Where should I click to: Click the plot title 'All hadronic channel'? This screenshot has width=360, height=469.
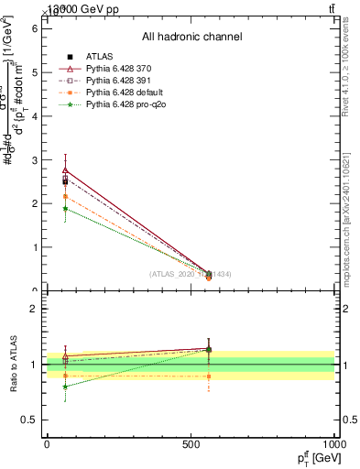pyautogui.click(x=191, y=37)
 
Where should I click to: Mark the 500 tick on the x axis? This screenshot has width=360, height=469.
pyautogui.click(x=191, y=444)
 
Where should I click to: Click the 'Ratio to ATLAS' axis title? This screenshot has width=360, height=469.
pyautogui.click(x=14, y=365)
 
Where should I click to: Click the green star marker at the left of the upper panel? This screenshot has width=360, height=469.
pyautogui.click(x=65, y=209)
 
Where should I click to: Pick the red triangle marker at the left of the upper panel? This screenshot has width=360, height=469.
pyautogui.click(x=65, y=170)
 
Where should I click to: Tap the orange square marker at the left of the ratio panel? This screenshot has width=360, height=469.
pyautogui.click(x=65, y=376)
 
